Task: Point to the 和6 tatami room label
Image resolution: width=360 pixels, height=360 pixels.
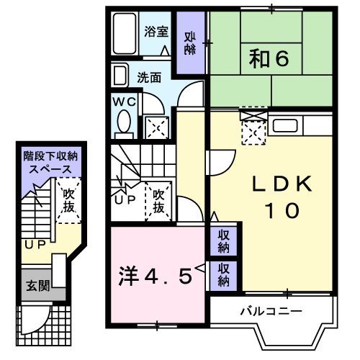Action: click(271, 58)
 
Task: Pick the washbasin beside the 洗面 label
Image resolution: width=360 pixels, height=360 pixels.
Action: click(120, 75)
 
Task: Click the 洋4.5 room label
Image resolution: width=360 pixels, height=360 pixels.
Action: click(156, 276)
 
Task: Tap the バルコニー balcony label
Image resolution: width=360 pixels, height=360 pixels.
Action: click(270, 311)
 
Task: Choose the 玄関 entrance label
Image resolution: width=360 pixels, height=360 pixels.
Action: click(39, 286)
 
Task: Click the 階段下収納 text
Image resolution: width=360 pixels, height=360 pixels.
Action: click(48, 156)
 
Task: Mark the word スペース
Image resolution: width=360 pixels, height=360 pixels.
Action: click(49, 168)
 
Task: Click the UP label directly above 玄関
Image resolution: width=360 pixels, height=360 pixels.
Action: click(35, 245)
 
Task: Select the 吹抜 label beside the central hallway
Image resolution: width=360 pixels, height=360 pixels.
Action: click(158, 201)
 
